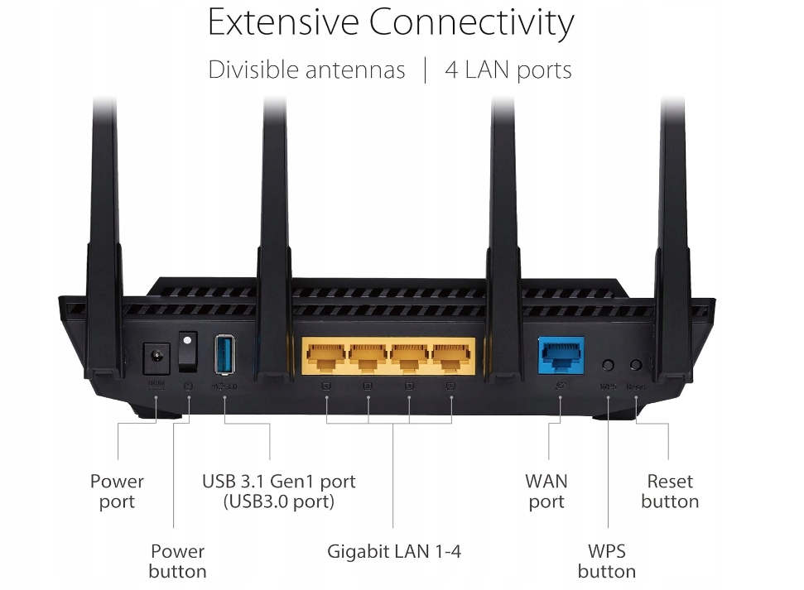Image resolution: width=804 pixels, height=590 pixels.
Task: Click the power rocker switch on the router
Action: (x=189, y=353)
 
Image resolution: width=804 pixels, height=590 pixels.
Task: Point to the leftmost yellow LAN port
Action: (x=326, y=357)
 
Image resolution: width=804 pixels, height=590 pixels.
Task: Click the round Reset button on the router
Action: (x=636, y=364)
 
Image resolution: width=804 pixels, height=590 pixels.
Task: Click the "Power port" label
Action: (x=117, y=491)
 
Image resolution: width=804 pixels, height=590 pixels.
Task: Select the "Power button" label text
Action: (x=177, y=560)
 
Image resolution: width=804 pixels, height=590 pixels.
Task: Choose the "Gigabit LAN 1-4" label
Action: (x=393, y=551)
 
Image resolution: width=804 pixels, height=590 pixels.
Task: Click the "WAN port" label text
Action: (x=546, y=491)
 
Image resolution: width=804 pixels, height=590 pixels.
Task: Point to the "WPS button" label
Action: (x=606, y=560)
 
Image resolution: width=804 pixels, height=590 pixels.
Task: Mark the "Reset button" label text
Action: (x=670, y=491)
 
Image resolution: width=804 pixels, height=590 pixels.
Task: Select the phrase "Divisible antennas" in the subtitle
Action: (x=306, y=70)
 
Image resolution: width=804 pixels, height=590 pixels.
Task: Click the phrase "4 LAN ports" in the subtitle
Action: (x=508, y=70)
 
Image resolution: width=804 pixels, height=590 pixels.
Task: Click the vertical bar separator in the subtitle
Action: (x=425, y=70)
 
